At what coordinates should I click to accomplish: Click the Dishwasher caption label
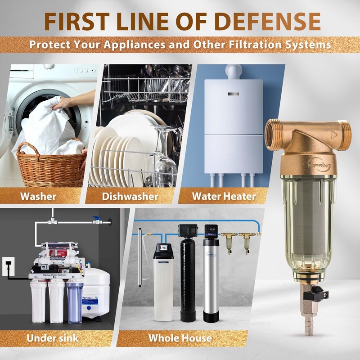pos(130,196)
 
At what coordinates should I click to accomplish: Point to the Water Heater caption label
pos(224,196)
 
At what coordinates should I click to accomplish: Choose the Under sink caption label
pos(53,337)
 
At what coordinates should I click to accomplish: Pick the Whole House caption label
pos(180,337)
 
